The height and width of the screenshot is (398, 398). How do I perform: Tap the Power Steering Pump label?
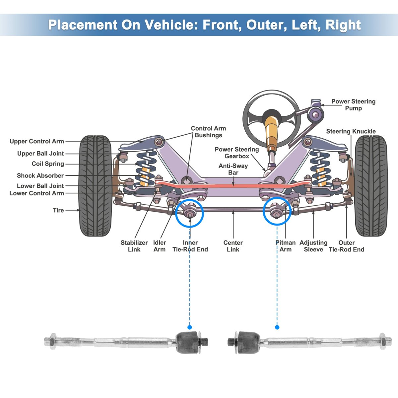coord(353,105)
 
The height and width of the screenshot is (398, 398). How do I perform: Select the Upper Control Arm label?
coord(36,141)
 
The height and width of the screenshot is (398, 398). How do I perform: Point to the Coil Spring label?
coord(48,164)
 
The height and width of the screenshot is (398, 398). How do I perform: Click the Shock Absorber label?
coord(40,175)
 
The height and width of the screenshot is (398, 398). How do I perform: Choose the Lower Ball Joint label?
coord(40,186)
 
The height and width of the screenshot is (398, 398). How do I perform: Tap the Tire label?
coord(58,210)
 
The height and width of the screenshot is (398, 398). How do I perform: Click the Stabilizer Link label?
coord(134,246)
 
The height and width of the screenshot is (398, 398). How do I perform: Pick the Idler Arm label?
coord(160,246)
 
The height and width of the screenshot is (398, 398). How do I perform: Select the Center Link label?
coord(233,246)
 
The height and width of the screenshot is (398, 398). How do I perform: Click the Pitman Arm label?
coord(285,246)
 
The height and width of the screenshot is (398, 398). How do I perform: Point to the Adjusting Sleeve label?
coord(313,246)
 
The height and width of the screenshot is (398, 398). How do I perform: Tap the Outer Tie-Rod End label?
coord(346,246)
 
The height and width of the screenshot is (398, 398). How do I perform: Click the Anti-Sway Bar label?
coord(233,169)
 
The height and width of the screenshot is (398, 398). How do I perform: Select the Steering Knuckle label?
coord(351,131)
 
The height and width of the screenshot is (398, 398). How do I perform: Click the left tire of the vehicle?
coord(95,186)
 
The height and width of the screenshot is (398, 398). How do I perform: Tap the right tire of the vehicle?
coord(371,186)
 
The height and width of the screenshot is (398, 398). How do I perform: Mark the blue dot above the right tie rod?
coord(277,327)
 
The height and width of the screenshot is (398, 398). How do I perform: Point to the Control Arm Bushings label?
coord(208,132)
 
